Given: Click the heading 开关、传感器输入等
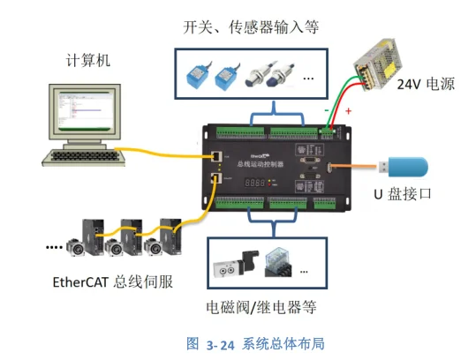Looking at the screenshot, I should [x=251, y=26].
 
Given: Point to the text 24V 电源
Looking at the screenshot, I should [x=427, y=85].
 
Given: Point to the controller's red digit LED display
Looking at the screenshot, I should [x=256, y=183].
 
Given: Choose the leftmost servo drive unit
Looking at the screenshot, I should [x=92, y=239].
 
